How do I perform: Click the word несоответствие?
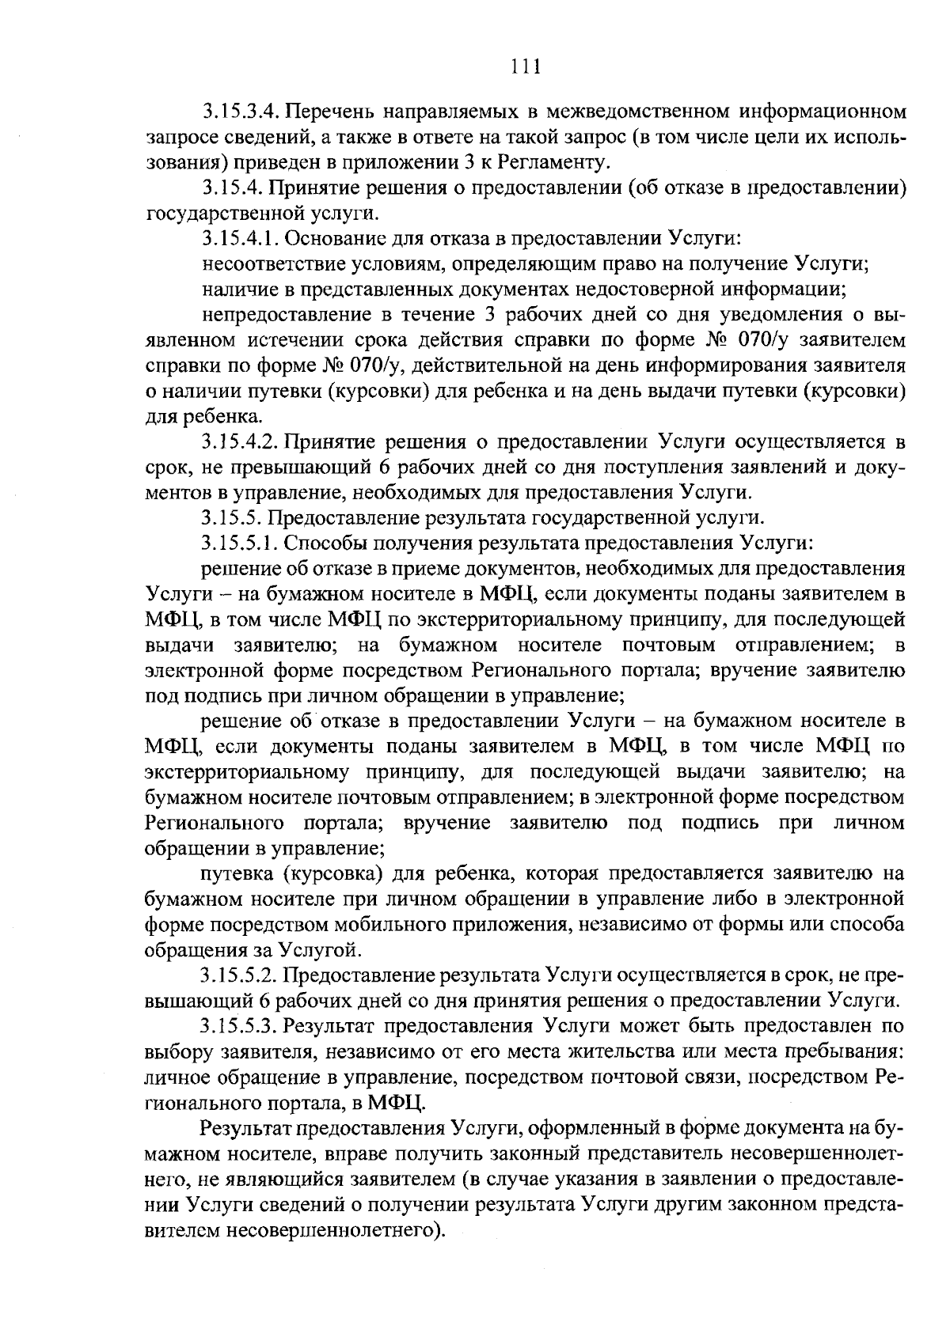click(x=270, y=263)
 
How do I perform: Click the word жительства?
click(x=617, y=1052)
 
